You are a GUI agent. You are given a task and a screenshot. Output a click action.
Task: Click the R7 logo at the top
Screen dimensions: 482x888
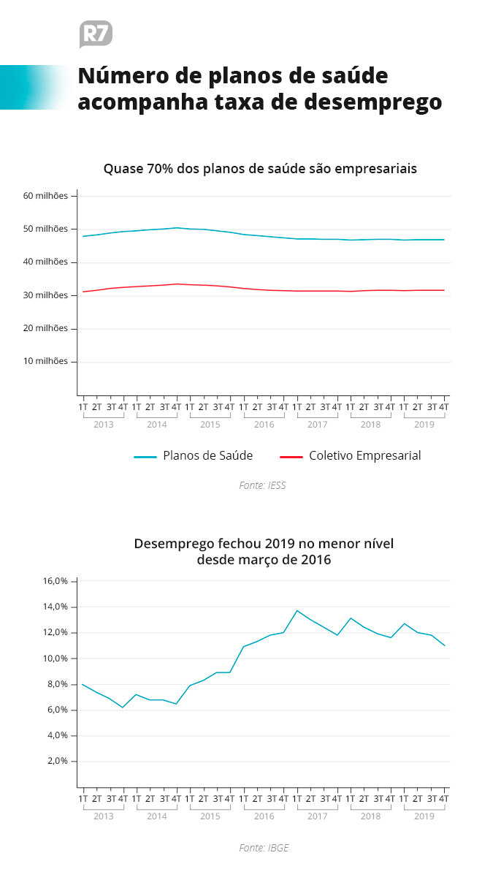point(96,34)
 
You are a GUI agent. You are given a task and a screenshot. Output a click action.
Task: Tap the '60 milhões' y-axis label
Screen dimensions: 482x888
point(45,196)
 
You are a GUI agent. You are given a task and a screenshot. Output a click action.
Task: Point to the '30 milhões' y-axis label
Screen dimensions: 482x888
point(45,295)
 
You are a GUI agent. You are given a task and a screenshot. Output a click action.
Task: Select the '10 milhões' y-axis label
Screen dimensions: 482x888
point(45,361)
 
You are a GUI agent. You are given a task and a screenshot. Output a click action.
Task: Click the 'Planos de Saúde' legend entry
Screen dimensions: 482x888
point(194,456)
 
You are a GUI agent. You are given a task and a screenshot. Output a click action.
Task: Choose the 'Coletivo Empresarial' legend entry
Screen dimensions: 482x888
point(351,456)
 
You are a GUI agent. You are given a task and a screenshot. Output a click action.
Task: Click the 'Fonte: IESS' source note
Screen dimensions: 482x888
point(262,485)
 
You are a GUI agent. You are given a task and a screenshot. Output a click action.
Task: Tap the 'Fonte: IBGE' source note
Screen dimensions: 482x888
point(264,848)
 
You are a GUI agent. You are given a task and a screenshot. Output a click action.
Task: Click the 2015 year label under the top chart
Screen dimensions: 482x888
point(210,425)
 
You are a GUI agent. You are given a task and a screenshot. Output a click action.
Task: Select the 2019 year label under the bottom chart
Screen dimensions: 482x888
point(424,816)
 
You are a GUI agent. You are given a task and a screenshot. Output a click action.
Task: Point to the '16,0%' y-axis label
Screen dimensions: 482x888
point(56,581)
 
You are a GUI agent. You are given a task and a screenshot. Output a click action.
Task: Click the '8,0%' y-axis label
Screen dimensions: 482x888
point(58,684)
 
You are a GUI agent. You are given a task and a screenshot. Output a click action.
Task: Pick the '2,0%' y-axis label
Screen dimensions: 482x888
point(58,761)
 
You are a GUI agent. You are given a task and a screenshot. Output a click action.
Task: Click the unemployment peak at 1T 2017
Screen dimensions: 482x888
point(297,611)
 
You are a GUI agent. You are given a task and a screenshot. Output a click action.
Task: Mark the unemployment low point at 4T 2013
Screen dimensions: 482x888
point(123,707)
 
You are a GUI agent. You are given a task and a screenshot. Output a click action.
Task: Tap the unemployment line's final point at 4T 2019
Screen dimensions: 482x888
point(444,646)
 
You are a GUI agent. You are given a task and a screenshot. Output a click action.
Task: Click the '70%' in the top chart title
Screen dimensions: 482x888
point(160,169)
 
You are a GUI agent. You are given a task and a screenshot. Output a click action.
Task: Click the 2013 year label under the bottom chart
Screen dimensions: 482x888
point(104,816)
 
